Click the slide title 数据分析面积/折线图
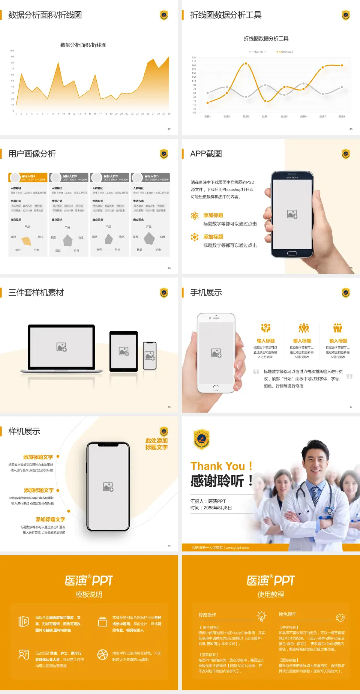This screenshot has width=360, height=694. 45,15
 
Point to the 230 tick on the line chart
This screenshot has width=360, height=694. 194,57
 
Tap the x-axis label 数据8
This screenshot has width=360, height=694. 342,117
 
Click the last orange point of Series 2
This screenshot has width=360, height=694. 342,65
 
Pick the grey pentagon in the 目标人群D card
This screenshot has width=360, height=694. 149,238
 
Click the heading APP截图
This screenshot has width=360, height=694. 206,154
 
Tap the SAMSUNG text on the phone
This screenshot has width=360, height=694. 292,177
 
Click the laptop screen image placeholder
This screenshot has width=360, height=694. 61,347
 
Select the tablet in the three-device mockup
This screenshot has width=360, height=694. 124,351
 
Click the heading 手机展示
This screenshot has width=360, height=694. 206,293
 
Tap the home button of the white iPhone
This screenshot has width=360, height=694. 216,387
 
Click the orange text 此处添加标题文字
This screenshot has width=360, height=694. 156,444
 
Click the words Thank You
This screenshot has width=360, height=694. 217,466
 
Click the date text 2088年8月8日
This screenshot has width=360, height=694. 218,508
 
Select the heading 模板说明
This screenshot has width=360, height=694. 89,595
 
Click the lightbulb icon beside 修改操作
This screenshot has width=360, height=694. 261,616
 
